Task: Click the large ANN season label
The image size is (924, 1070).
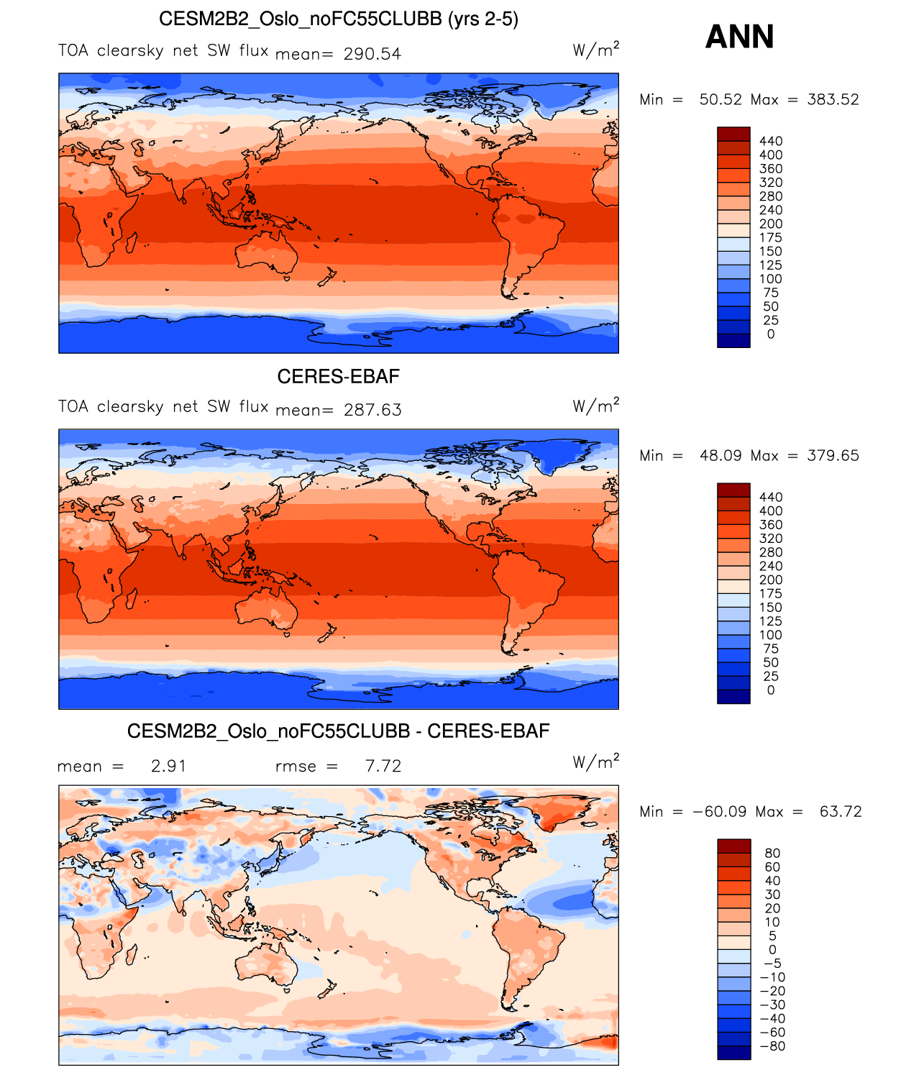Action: [739, 37]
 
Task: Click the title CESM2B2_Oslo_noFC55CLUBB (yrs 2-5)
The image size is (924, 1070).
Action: [338, 19]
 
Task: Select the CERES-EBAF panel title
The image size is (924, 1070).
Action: [338, 376]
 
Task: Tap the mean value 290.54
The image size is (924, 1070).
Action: [372, 54]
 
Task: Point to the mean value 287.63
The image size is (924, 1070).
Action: [372, 410]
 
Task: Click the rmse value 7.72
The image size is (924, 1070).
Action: [383, 766]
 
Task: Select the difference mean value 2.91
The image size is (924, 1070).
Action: [169, 766]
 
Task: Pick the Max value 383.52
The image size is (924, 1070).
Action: [833, 99]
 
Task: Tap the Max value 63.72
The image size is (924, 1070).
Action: [841, 811]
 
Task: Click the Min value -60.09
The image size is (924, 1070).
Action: [719, 811]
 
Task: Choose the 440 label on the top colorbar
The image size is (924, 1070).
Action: [771, 141]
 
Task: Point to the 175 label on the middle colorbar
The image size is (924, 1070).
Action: [771, 593]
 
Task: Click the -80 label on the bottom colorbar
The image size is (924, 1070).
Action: [772, 1046]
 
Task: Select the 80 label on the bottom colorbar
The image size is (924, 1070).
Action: [772, 853]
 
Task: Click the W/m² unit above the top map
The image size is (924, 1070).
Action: [595, 50]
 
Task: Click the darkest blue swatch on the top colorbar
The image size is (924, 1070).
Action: [733, 341]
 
